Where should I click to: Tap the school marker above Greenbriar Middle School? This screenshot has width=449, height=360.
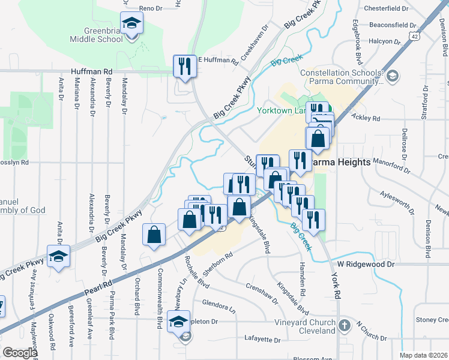point(130,25)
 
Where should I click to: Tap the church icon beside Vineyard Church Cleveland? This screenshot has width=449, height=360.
point(344,326)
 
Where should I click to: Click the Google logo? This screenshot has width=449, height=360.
point(20,353)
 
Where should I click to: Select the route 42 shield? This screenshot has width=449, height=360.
point(415,36)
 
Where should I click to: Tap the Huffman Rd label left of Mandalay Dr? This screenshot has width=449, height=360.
point(91,71)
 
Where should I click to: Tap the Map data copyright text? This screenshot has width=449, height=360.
point(423,355)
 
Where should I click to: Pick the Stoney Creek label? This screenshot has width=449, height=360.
point(431,320)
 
